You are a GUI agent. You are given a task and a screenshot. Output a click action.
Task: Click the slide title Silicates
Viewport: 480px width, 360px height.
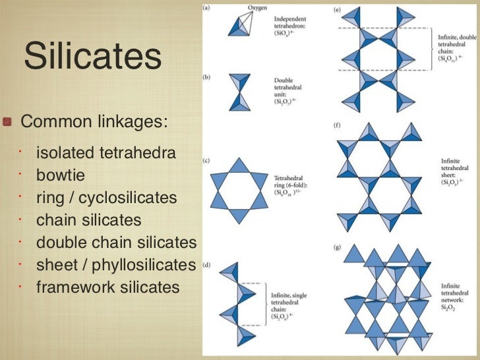(92, 57)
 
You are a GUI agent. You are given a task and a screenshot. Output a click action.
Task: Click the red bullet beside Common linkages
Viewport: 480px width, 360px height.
(9, 122)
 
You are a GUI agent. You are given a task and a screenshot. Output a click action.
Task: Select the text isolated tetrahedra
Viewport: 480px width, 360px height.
(106, 154)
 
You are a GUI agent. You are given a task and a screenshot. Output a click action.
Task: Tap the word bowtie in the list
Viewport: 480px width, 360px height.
(61, 176)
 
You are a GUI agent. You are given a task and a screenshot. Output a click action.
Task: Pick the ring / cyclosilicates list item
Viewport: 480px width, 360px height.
(107, 198)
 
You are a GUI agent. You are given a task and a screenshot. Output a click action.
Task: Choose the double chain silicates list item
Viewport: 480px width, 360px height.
(116, 242)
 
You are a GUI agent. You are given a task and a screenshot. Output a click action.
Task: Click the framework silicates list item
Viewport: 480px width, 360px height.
(107, 287)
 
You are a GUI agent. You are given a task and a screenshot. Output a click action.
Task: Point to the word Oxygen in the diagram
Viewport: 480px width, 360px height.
(257, 8)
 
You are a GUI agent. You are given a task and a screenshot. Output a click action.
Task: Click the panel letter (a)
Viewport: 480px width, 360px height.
(206, 8)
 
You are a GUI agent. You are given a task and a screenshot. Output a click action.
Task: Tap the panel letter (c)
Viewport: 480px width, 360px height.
(206, 160)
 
